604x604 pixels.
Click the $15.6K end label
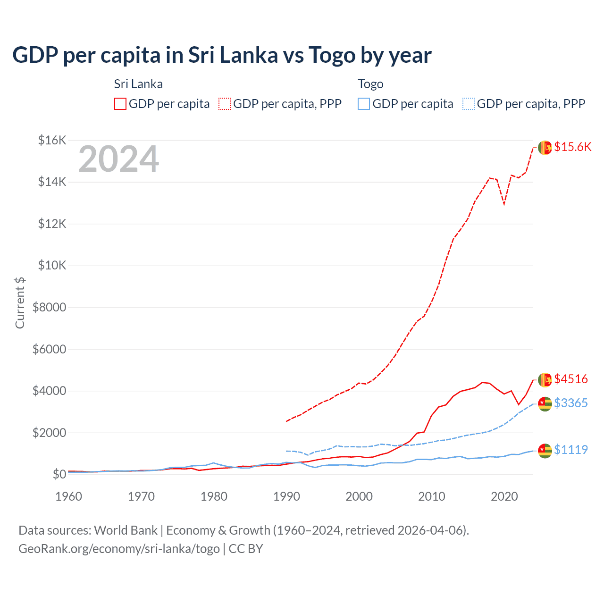(x=572, y=147)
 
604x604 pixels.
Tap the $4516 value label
(x=571, y=379)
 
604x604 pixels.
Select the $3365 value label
(x=571, y=403)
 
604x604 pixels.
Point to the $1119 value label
(x=571, y=450)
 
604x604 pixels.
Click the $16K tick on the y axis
(x=52, y=140)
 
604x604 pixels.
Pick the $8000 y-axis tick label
(x=49, y=308)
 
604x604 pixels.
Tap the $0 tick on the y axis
(x=59, y=474)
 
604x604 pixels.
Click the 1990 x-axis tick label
(x=286, y=496)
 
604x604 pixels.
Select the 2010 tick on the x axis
(x=432, y=496)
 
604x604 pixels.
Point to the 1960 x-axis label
(x=69, y=496)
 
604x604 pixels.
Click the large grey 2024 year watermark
(x=118, y=159)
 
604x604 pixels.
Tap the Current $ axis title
(x=20, y=302)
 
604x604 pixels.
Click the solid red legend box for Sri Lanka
(x=120, y=104)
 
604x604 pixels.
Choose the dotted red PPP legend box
(x=225, y=104)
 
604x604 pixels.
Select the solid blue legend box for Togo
(x=364, y=104)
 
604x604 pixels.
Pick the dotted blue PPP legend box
(x=469, y=104)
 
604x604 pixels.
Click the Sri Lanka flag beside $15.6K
(x=545, y=148)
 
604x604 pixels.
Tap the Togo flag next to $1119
(x=545, y=451)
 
